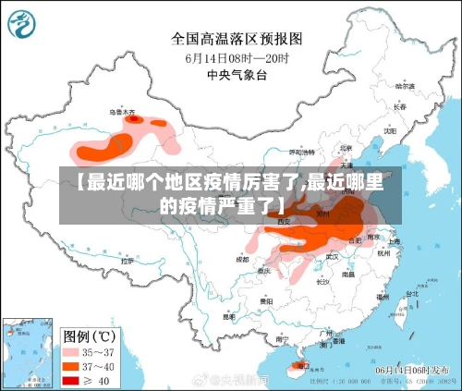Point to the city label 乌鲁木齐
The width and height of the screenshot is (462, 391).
tap(122, 112)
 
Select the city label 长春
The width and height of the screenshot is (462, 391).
tap(399, 106)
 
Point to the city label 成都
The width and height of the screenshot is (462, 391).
tap(242, 261)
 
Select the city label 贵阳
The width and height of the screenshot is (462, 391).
tap(266, 301)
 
